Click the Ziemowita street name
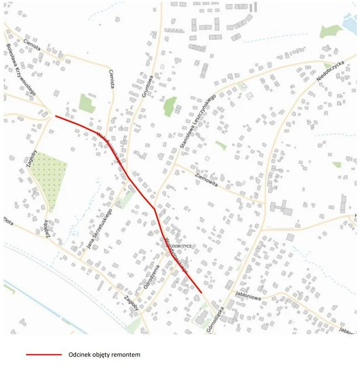point(206,179)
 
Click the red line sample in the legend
point(44,354)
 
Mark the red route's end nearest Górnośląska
point(202,292)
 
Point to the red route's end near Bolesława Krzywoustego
point(55,116)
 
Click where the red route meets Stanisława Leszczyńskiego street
point(154,209)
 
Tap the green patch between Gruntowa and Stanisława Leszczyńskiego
point(169,106)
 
